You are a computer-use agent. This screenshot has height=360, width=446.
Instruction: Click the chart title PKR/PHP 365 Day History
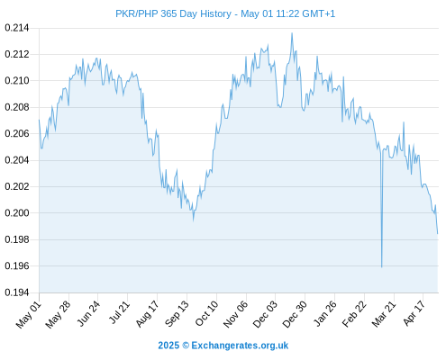coord(173,13)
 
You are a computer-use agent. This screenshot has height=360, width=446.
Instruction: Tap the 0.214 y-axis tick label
coord(17,28)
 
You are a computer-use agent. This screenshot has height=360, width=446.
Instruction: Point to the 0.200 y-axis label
coord(17,213)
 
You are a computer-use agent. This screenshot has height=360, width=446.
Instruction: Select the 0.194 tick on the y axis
coord(17,292)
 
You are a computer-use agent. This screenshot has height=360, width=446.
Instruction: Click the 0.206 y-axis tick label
coord(17,133)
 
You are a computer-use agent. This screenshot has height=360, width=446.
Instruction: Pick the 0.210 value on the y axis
coord(17,81)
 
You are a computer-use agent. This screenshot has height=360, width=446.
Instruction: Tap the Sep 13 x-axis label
coord(177,313)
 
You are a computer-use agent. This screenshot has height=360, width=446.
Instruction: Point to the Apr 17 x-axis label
coord(414,313)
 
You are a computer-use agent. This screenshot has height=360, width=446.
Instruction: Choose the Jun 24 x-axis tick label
coord(88,313)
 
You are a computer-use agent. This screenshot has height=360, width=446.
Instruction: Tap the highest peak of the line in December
coord(292,33)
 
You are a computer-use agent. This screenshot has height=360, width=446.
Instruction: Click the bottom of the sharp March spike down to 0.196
coord(382,266)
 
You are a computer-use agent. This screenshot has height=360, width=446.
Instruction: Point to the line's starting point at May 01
coord(39,120)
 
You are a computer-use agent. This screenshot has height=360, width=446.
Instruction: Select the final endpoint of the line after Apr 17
coord(438,234)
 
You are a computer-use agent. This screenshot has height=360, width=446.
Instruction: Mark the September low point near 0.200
coord(194,220)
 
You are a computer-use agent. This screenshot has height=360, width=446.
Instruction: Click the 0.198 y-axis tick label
coord(17,239)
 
